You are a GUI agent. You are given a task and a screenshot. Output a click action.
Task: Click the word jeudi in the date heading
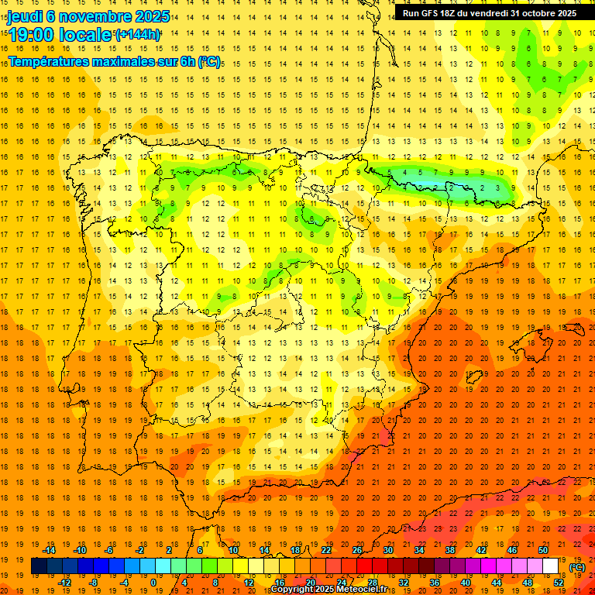(x=25, y=16)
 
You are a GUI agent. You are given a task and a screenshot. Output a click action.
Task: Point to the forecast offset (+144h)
(x=138, y=34)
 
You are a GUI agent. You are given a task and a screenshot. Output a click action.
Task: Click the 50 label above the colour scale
(x=543, y=550)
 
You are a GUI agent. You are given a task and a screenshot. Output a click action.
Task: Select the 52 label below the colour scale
(x=559, y=583)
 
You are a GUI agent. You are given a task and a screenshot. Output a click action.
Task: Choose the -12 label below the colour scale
(x=64, y=583)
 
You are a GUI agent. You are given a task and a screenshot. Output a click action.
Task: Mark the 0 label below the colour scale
(x=153, y=583)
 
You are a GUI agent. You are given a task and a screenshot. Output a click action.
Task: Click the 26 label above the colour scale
(x=357, y=550)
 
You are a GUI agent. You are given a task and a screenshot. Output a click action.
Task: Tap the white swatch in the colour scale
(x=551, y=566)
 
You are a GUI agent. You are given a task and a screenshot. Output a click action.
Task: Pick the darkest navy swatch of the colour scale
(x=39, y=566)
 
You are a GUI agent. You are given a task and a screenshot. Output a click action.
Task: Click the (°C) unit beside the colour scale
(x=576, y=567)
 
